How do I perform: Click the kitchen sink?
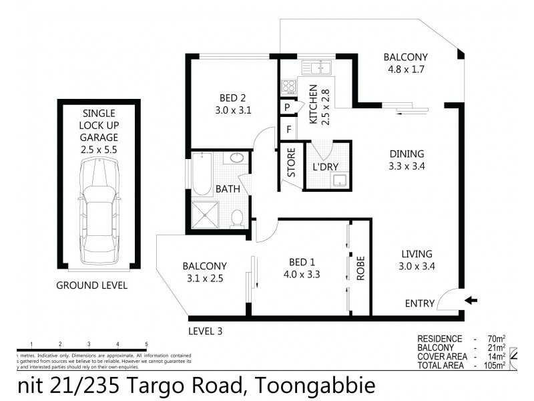pyautogui.click(x=317, y=67)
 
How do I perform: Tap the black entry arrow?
pyautogui.click(x=471, y=301)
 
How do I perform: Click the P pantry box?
pyautogui.click(x=287, y=107)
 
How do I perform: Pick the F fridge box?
pyautogui.click(x=288, y=128)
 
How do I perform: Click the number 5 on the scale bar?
pyautogui.click(x=146, y=344)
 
